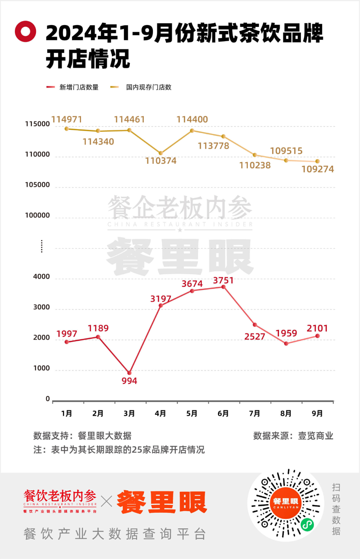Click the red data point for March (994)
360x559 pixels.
(129, 373)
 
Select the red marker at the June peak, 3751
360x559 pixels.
(223, 287)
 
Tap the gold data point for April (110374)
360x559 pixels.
(161, 153)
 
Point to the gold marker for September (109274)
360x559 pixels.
(317, 161)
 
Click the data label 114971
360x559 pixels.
(67, 119)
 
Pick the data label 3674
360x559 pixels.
(192, 284)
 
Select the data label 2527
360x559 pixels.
(255, 337)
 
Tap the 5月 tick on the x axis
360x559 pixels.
(192, 414)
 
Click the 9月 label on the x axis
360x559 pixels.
(317, 414)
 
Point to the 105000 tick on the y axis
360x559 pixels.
(37, 185)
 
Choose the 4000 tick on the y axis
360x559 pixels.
(41, 276)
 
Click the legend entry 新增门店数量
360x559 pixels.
(79, 87)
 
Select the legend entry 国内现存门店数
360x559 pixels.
(149, 87)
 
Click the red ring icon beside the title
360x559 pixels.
(25, 31)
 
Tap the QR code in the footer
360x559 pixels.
(286, 504)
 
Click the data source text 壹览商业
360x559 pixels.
(315, 436)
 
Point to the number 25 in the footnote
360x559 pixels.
(137, 450)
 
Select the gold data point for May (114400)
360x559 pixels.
(192, 131)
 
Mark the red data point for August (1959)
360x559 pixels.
(286, 344)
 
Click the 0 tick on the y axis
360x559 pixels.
(48, 399)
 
